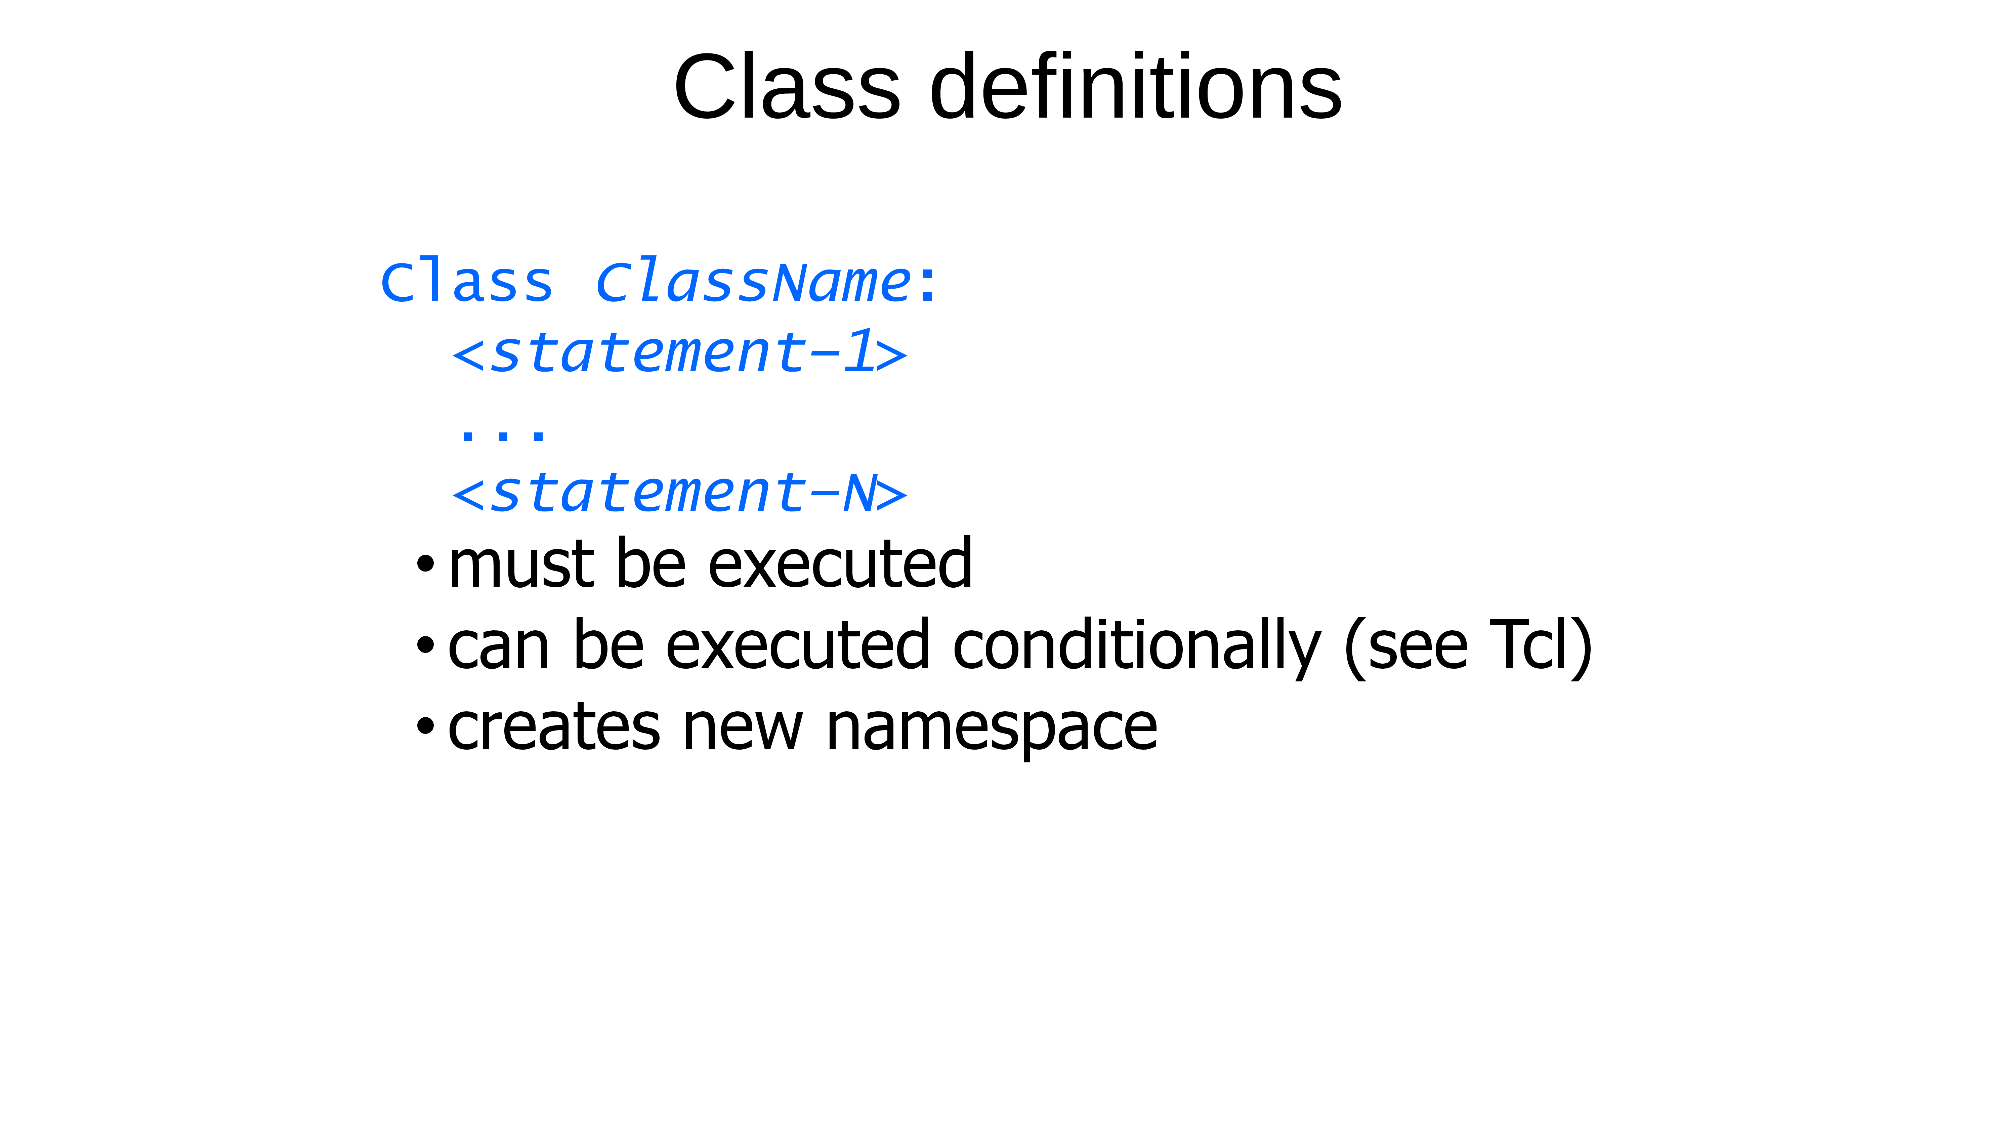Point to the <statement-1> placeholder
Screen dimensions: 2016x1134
[679, 352]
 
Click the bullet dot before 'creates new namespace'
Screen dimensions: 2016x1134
[425, 726]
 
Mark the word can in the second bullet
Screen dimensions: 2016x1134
[499, 649]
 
